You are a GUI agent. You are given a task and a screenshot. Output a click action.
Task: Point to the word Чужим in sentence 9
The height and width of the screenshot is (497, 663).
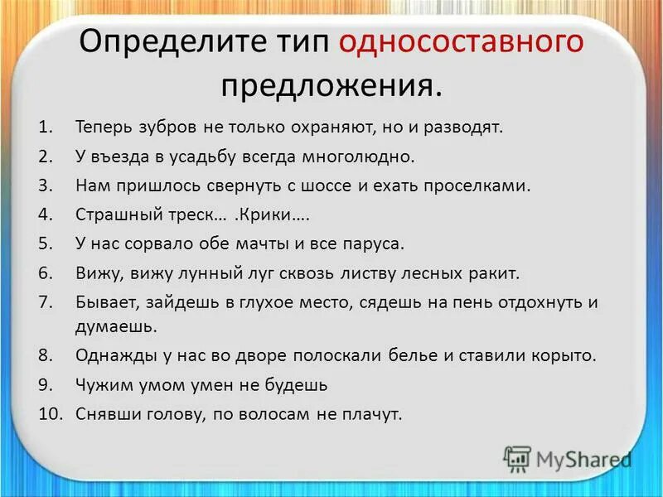[102, 384]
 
